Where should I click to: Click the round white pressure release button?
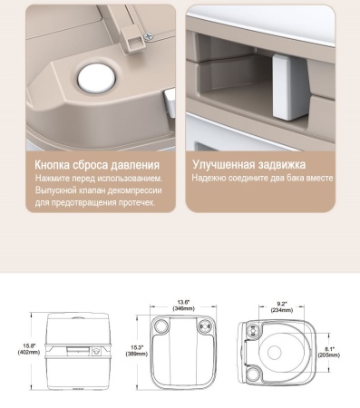coord(96,78)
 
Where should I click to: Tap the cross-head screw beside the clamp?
coord(149,36)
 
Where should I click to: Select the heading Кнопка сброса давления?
coord(97,165)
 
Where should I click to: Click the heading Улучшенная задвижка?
coord(248,165)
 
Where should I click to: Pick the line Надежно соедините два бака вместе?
coord(262,178)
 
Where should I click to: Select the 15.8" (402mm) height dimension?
coord(29,349)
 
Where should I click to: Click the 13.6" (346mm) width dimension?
coord(183,306)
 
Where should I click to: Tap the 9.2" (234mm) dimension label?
coord(282,306)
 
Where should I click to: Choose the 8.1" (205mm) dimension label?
coord(329,352)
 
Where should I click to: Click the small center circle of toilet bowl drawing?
coord(275,353)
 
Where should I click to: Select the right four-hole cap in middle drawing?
coord(205,325)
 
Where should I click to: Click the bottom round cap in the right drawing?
coord(253,374)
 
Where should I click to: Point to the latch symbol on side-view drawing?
coord(96,351)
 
